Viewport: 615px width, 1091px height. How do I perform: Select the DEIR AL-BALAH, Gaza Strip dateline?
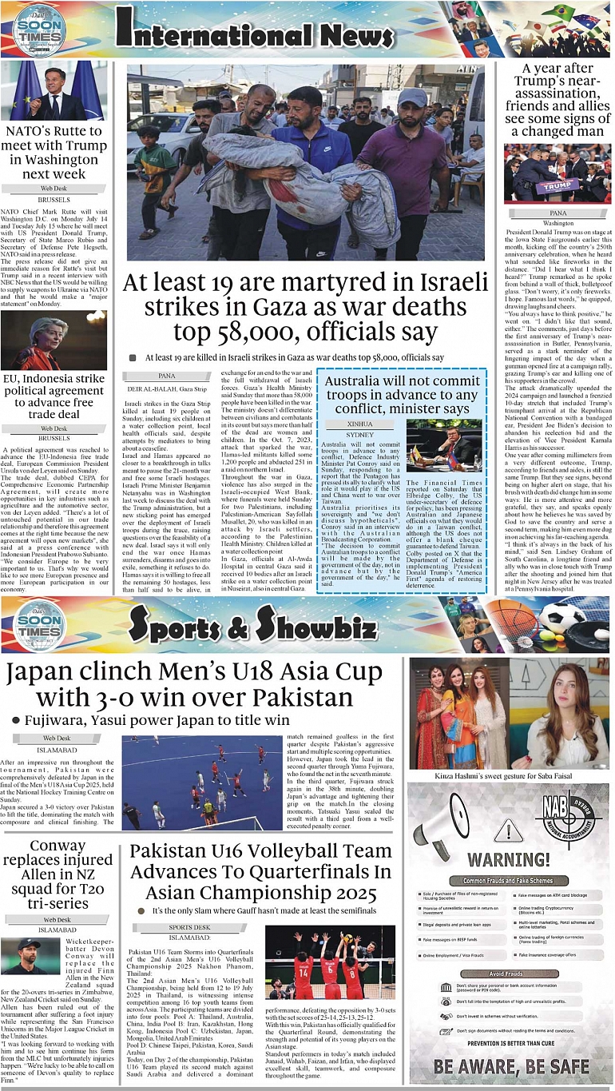coord(167,388)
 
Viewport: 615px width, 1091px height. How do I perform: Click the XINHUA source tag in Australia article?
coord(360,424)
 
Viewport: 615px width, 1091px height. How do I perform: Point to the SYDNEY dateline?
coord(360,435)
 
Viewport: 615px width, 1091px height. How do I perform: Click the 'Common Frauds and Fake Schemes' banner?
coord(508,880)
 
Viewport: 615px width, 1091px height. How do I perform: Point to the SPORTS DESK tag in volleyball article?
coord(189,927)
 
